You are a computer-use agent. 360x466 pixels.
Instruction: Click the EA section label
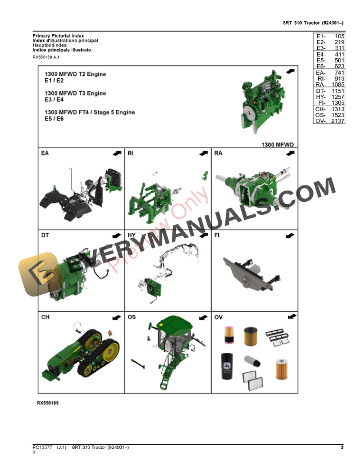click(45, 154)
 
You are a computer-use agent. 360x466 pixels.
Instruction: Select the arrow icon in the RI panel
click(203, 154)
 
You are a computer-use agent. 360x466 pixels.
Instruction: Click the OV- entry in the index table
click(320, 121)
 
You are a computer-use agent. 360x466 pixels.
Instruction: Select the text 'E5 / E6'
click(55, 118)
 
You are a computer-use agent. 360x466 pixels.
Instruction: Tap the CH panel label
click(45, 317)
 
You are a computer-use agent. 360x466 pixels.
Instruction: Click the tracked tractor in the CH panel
click(79, 356)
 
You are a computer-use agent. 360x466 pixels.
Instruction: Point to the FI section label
click(217, 235)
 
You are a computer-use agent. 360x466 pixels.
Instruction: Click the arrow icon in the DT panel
click(116, 235)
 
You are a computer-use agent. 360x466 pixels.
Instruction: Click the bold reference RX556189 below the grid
click(48, 403)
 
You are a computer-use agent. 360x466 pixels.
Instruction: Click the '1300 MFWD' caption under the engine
click(277, 144)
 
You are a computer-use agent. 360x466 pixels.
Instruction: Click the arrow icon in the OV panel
click(289, 317)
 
